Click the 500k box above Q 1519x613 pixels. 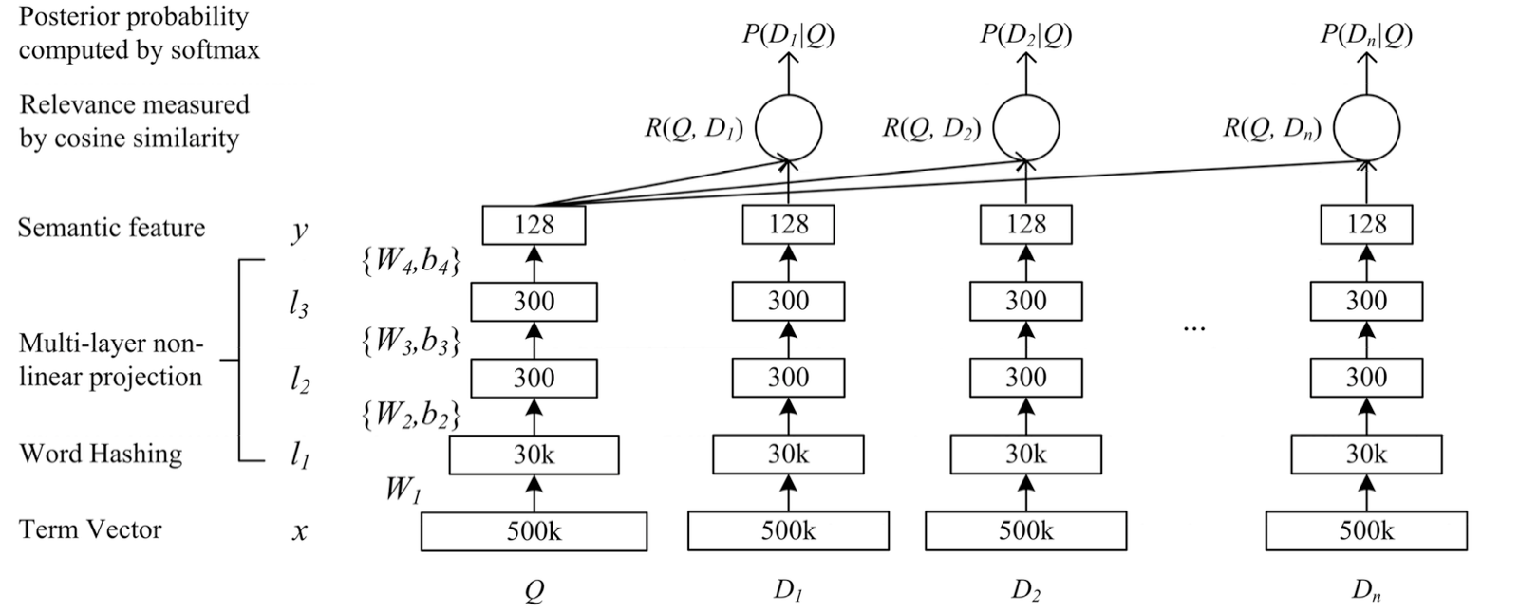534,531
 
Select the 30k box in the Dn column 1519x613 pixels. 1366,455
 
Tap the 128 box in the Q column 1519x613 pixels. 534,225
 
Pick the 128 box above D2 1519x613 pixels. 1025,225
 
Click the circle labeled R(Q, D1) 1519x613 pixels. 788,128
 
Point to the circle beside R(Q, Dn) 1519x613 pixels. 1366,128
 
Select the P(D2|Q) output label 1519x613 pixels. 1025,35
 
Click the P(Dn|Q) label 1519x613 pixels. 1366,35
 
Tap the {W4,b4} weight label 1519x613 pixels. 410,262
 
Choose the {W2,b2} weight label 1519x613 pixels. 410,415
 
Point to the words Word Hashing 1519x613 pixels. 101,454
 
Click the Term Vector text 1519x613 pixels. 90,529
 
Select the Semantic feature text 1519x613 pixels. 111,228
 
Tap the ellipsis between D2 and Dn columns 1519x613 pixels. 1193,327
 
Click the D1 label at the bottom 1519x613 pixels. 786,590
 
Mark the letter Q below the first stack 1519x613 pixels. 534,591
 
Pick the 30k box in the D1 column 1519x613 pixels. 788,455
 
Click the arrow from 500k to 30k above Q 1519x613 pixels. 534,492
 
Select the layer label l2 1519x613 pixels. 299,381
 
